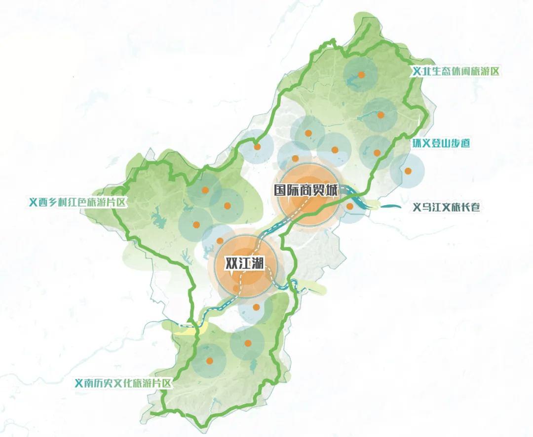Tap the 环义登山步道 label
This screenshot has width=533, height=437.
pyautogui.click(x=441, y=144)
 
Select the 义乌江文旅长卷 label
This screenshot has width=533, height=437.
pyautogui.click(x=447, y=207)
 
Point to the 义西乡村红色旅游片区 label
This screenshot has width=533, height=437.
pyautogui.click(x=78, y=202)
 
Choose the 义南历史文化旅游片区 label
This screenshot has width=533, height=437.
pyautogui.click(x=123, y=383)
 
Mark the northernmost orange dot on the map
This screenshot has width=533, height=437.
pyautogui.click(x=361, y=75)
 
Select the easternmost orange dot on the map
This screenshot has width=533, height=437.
pyautogui.click(x=408, y=171)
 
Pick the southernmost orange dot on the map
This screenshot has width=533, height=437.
pyautogui.click(x=209, y=361)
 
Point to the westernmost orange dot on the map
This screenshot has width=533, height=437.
pyautogui.click(x=196, y=224)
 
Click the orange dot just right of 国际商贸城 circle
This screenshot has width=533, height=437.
pyautogui.click(x=349, y=206)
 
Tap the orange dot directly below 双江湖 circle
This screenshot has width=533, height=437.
pyautogui.click(x=256, y=307)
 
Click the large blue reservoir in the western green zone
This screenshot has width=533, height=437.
pyautogui.click(x=161, y=217)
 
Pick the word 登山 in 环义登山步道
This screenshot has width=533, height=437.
pyautogui.click(x=441, y=144)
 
